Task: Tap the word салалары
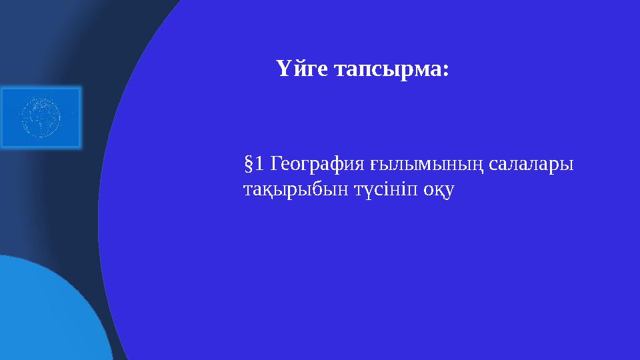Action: pyautogui.click(x=531, y=163)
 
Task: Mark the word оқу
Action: pyautogui.click(x=440, y=190)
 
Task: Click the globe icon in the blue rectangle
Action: pyautogui.click(x=40, y=117)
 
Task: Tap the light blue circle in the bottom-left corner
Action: pyautogui.click(x=47, y=313)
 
